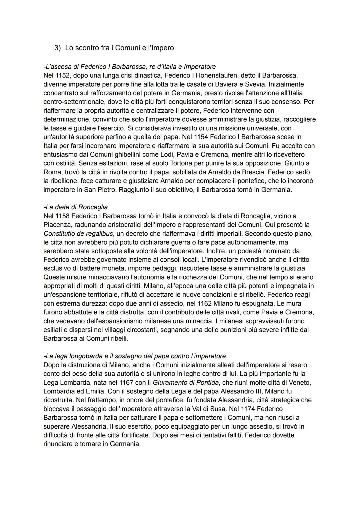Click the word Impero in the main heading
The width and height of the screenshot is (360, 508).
pos(162,48)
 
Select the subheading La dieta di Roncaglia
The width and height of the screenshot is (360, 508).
pos(76,207)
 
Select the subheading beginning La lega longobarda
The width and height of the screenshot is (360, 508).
pos(135,356)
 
